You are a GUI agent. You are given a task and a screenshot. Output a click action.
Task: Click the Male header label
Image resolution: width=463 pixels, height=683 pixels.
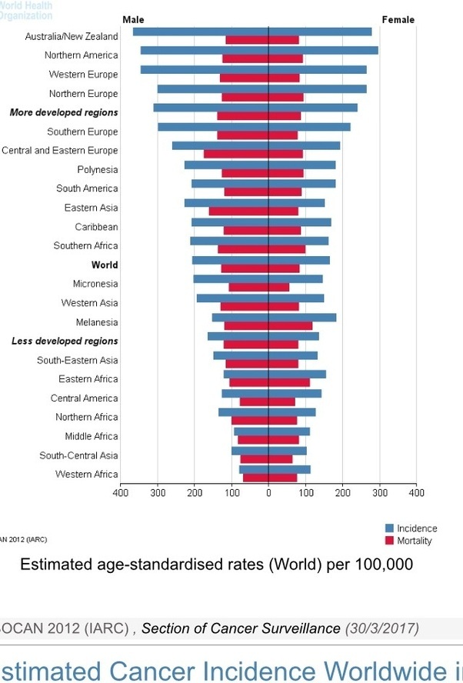133,19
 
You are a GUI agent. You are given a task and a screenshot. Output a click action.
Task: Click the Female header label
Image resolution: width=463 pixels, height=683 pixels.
398,19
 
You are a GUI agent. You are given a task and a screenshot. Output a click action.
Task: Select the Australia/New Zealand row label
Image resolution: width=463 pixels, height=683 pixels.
72,36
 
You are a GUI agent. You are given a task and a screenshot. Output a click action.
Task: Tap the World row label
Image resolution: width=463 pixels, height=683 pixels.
105,265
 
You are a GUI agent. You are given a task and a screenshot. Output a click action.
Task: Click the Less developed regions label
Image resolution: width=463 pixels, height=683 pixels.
65,341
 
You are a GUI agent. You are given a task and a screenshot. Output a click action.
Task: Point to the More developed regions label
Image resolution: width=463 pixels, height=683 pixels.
64,112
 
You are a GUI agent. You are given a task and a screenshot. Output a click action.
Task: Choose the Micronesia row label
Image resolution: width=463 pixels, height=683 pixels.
95,284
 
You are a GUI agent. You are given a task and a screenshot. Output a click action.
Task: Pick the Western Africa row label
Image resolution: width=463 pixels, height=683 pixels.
87,474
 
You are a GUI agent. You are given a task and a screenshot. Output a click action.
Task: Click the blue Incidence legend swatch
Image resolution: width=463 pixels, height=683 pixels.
389,528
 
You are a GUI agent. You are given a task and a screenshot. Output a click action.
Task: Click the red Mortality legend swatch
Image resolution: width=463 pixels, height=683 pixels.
389,541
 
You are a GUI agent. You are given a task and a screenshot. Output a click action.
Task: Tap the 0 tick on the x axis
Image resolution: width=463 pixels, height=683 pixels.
268,491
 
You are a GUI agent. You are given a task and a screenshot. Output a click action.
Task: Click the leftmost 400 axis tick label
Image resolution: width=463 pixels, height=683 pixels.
121,491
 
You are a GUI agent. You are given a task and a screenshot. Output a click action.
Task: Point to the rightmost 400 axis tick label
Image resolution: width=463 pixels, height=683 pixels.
416,491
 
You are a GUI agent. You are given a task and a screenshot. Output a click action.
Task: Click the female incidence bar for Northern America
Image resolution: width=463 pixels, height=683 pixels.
323,50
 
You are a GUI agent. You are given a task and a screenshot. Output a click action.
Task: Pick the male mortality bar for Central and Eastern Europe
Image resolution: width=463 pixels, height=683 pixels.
236,154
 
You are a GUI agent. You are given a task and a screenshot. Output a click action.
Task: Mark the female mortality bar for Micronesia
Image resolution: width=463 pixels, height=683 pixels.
279,287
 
